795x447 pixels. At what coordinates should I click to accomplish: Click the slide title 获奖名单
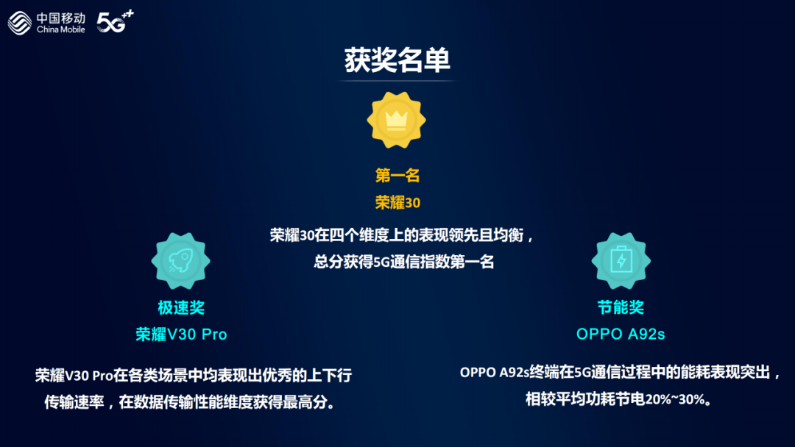(397, 61)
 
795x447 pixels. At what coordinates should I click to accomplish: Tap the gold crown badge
(397, 120)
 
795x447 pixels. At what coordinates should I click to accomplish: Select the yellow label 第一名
(397, 176)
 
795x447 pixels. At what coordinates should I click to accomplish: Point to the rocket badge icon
(180, 261)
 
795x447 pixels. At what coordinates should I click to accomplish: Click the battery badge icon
(621, 261)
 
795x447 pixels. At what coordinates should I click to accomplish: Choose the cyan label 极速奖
(180, 307)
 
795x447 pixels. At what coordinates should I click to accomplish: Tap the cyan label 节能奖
(621, 307)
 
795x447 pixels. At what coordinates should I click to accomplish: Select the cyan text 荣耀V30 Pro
(181, 334)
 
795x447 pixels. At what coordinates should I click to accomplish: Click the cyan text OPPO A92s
(621, 334)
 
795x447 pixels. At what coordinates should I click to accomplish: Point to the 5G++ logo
(115, 22)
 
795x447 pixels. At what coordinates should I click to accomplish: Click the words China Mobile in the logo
(61, 29)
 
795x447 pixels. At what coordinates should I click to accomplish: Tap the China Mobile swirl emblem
(21, 23)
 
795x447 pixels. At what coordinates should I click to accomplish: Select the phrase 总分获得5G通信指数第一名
(403, 261)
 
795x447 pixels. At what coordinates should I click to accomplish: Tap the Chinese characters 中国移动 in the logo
(61, 17)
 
